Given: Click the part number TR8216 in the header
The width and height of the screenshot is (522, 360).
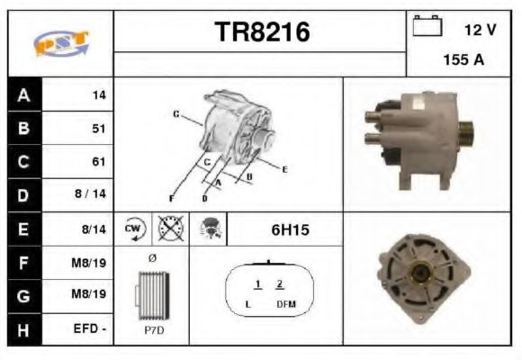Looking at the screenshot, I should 262,32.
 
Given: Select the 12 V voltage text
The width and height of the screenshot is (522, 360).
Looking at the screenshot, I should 480,30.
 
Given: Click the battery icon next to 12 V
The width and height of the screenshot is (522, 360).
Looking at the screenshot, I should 426,28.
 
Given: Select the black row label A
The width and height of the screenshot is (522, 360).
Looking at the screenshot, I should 24,95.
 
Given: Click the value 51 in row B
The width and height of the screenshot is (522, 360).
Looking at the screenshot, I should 99,129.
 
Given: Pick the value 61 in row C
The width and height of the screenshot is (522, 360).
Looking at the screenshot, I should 99,162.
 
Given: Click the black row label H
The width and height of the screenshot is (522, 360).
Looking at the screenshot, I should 24,329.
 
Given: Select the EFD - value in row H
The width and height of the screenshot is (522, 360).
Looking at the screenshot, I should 91,329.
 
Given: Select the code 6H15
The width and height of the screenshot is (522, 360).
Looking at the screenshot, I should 290,229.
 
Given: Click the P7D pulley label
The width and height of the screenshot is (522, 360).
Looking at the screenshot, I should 151,329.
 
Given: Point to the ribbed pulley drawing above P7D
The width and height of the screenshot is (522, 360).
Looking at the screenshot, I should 150,295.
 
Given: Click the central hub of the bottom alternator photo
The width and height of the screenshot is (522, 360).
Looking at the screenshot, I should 419,275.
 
